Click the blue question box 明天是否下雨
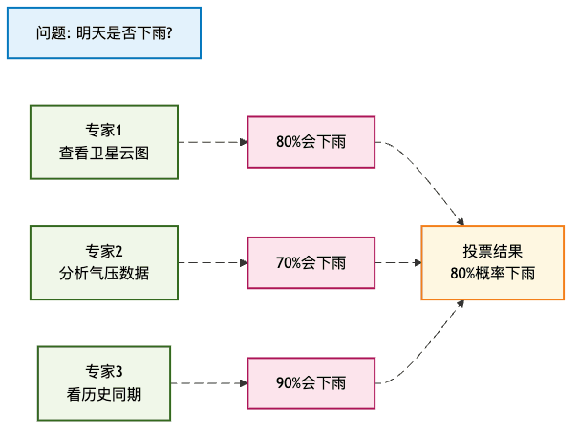tap(103, 33)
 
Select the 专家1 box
tap(104, 141)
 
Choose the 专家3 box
tap(104, 382)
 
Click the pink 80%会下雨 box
tap(311, 142)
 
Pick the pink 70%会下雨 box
tap(311, 262)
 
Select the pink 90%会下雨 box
tap(311, 382)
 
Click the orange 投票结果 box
tap(492, 262)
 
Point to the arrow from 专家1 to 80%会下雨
tap(212, 142)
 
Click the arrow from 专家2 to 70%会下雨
tap(212, 262)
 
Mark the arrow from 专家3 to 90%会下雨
tap(208, 382)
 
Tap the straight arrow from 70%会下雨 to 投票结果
tap(397, 262)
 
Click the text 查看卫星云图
tap(104, 153)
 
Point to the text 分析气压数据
tap(104, 273)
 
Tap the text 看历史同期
tap(104, 393)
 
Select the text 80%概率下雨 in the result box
tap(492, 274)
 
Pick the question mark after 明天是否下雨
tap(169, 33)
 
